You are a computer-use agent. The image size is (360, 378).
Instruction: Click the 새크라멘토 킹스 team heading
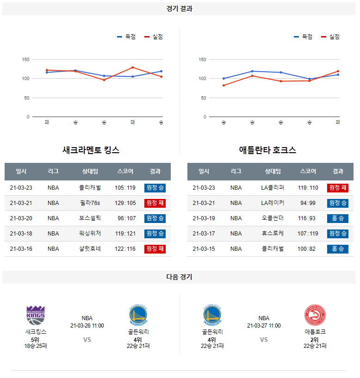click(91, 150)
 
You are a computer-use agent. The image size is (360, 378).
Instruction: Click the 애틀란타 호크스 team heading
click(267, 150)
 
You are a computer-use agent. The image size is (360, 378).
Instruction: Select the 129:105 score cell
click(125, 203)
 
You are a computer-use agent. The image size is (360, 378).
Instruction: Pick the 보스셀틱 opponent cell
click(90, 218)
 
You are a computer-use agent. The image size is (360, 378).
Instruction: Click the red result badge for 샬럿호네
click(155, 249)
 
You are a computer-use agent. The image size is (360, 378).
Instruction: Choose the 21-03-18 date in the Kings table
click(21, 234)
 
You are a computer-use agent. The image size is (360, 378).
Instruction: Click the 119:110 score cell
click(308, 188)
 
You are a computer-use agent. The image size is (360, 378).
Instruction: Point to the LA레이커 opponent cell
click(273, 203)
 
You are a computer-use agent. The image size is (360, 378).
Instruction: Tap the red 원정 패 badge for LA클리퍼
click(338, 188)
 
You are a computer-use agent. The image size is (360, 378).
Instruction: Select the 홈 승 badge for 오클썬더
click(338, 218)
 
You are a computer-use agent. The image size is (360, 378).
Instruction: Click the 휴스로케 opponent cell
click(273, 234)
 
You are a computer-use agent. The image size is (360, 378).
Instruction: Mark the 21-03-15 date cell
click(204, 249)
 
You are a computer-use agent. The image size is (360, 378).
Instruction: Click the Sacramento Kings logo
click(36, 315)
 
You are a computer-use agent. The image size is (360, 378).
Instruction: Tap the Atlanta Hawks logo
click(315, 315)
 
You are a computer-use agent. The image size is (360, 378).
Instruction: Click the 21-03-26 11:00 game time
click(87, 326)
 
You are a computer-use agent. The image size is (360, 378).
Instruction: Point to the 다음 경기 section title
click(180, 277)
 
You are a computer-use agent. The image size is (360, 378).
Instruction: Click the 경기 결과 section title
click(180, 9)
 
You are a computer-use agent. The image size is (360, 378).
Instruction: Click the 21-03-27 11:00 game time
click(264, 326)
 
